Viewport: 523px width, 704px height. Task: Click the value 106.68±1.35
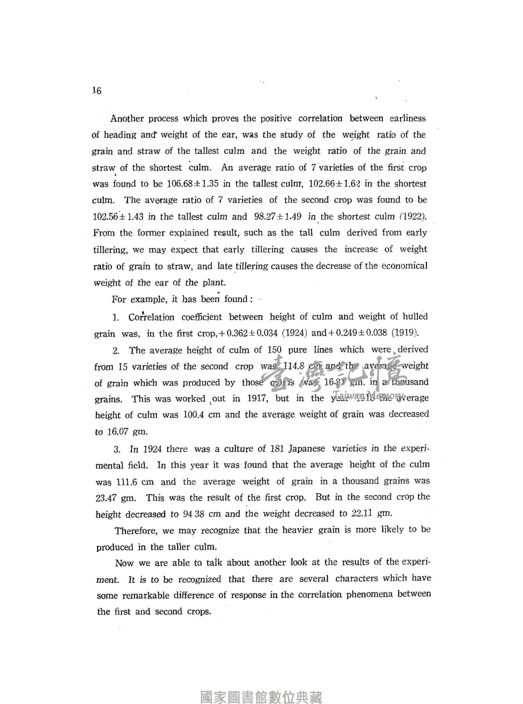pos(192,184)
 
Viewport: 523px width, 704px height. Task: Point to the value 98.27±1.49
pos(278,217)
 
